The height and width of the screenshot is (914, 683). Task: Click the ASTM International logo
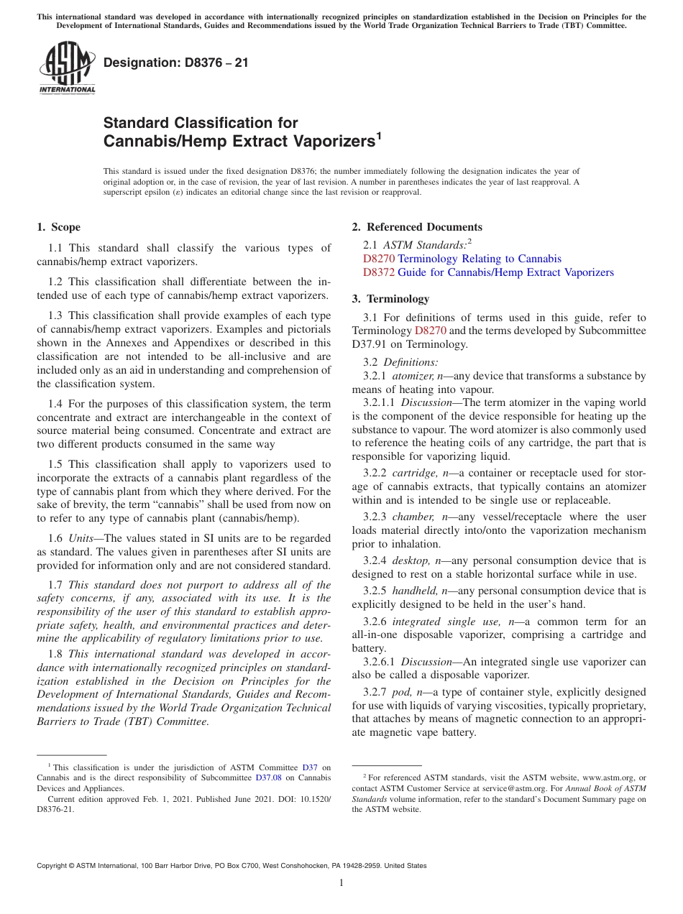(66, 68)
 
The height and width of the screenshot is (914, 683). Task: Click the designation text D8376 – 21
(176, 63)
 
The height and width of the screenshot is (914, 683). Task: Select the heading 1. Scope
(58, 227)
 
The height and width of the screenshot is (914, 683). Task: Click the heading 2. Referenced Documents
(416, 227)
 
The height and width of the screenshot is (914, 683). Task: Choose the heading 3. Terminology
(390, 299)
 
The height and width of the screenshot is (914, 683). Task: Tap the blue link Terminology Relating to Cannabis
(480, 259)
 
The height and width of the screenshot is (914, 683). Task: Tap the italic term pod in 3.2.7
(400, 692)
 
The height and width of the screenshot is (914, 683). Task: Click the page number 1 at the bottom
(341, 883)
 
